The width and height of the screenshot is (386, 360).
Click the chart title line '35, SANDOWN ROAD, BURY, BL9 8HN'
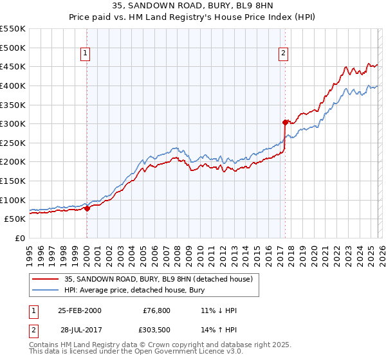pyautogui.click(x=192, y=6)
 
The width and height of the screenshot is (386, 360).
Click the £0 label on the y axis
pyautogui.click(x=21, y=238)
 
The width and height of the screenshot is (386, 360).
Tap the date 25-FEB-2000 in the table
pyautogui.click(x=79, y=310)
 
